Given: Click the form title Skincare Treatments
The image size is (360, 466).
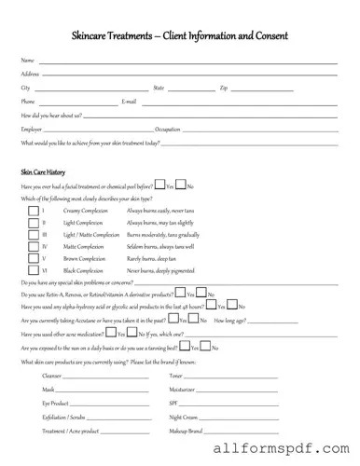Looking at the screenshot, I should coord(179,36).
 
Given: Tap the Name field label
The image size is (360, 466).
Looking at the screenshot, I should coord(27,61).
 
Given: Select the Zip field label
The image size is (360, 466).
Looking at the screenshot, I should coord(224,88).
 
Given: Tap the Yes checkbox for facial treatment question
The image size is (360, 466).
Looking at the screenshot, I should coord(159,185).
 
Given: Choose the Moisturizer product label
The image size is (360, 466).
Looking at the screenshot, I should coord(183,388).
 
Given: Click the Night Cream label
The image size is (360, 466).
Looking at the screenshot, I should coord(185,417).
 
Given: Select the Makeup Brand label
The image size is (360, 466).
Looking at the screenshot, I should coord(187,431).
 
